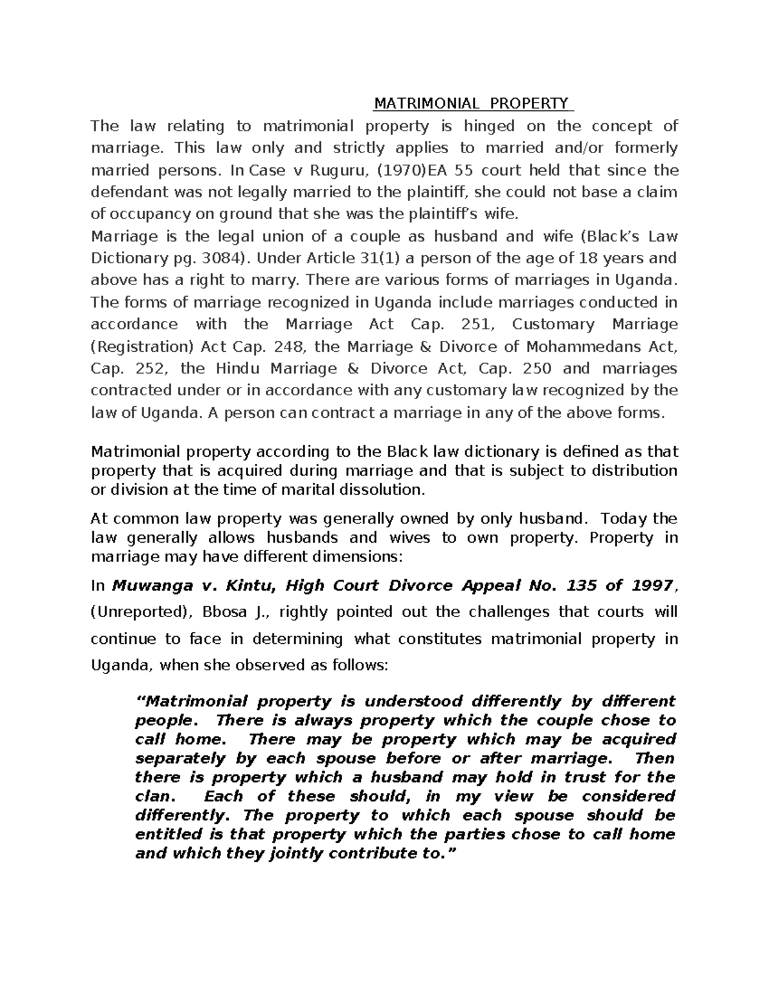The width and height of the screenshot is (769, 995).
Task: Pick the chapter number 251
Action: point(474,325)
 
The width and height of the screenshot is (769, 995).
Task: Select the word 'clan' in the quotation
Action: point(153,796)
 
